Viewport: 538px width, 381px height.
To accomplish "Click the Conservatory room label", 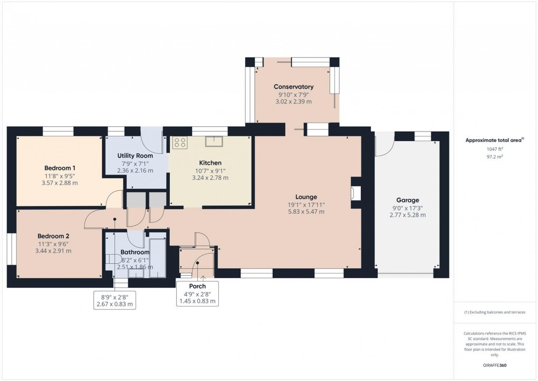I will point(293,87).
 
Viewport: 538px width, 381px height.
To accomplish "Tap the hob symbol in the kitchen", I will point(179,142).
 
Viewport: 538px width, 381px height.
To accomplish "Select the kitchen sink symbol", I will point(214,141).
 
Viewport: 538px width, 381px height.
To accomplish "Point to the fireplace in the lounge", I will point(356,194).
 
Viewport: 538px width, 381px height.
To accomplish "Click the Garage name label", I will point(407,200).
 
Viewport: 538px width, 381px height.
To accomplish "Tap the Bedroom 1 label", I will point(60,168).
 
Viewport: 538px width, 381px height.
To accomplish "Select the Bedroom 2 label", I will point(53,236).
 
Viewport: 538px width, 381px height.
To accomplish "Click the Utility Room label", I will point(135,156).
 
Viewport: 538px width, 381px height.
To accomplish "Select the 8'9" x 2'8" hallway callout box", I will point(114,300).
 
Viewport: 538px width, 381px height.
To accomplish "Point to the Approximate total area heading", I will point(494,140).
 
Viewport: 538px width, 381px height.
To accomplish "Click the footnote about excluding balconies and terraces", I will point(495,312).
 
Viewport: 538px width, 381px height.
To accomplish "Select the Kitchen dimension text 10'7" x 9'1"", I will point(210,170).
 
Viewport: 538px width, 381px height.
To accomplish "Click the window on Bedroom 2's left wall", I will point(11,249).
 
